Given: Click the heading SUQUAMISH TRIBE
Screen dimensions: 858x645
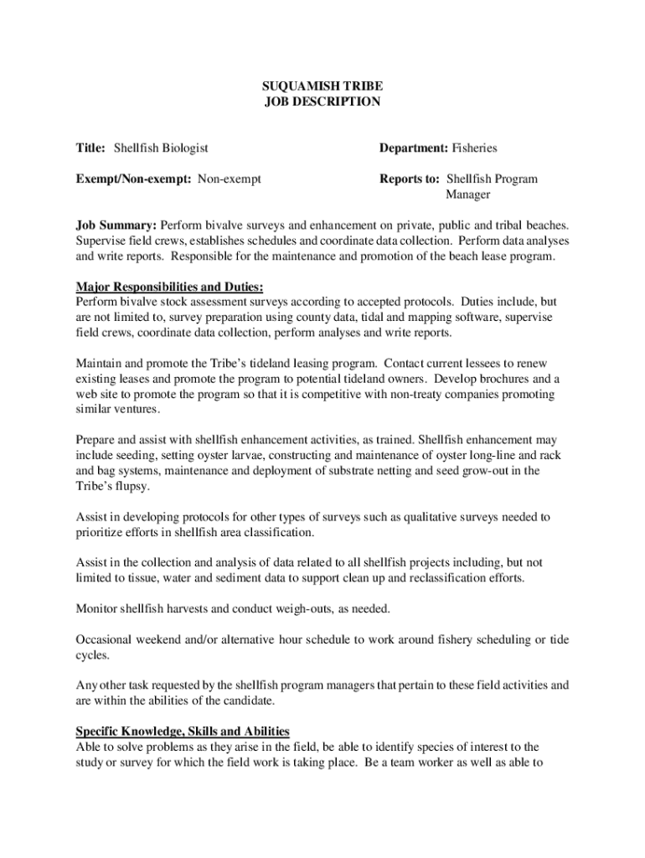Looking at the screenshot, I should coord(322,86).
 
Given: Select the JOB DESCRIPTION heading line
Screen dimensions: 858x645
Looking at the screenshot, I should coord(322,102).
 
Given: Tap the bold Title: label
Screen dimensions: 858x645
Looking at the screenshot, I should coord(90,148).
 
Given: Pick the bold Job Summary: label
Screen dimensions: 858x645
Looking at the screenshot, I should coord(116,225).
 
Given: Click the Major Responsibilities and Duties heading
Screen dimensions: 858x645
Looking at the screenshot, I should coord(170,287).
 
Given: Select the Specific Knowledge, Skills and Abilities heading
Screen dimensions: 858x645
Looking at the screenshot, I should coord(183,731).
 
